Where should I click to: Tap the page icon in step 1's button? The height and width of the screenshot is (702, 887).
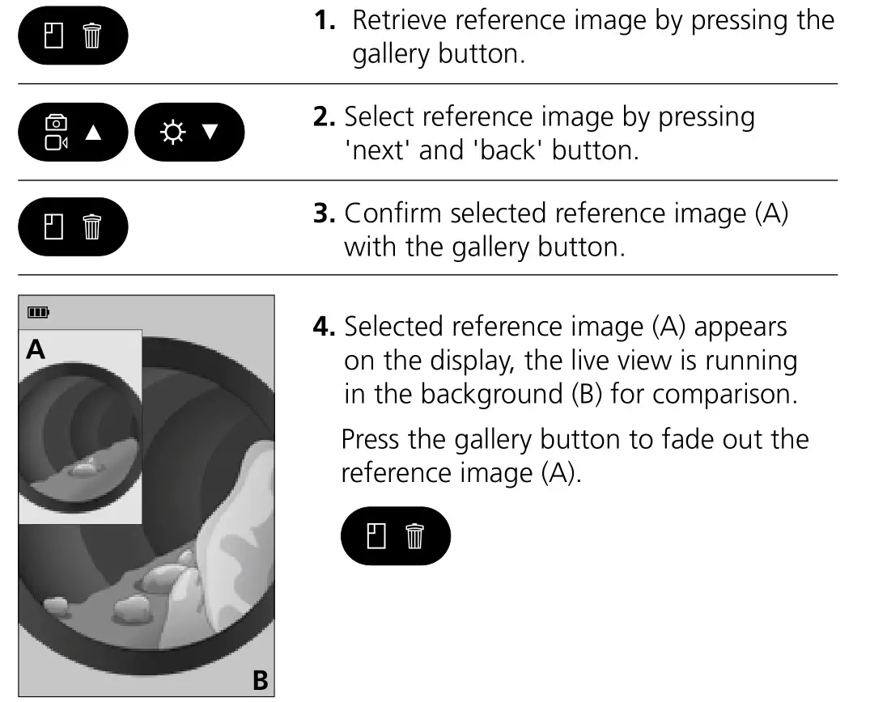tap(53, 36)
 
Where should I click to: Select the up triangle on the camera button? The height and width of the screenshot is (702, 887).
tap(94, 133)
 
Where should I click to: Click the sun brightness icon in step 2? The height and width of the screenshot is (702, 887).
tap(171, 132)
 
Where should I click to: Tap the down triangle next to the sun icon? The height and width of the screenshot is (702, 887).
tap(210, 132)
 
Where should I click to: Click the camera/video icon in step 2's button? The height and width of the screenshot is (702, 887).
tap(56, 132)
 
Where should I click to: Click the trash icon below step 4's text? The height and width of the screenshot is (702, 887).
tap(414, 536)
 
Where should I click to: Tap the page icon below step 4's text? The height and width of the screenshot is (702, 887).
tap(374, 535)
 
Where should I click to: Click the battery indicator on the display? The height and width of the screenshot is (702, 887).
tap(38, 312)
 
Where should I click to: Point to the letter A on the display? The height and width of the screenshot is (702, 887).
tap(36, 349)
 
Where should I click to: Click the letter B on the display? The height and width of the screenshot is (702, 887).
tap(260, 680)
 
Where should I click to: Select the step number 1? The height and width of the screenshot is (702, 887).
tap(324, 21)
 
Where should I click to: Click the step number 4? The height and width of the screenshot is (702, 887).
tap(323, 328)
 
